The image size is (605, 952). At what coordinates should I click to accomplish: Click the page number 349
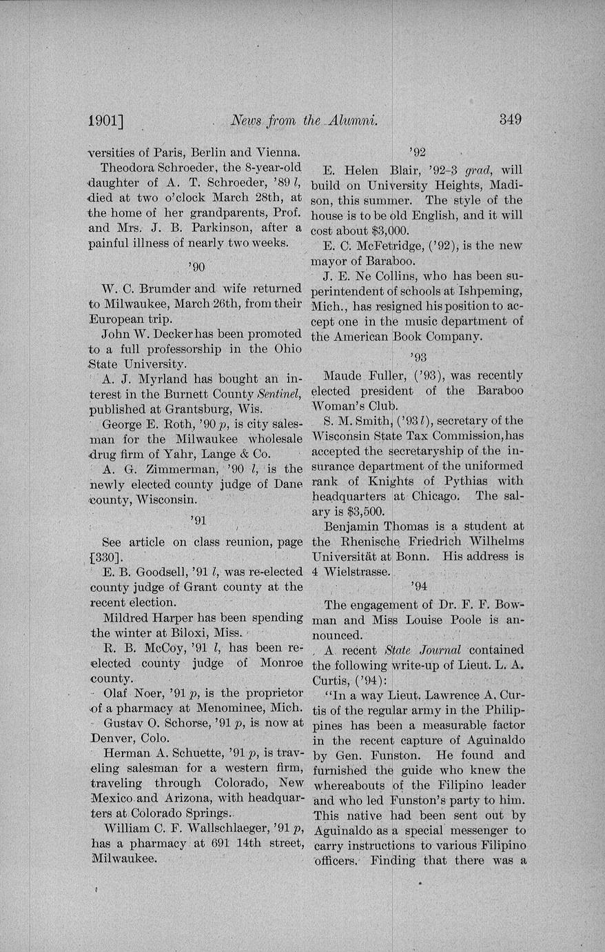click(x=510, y=119)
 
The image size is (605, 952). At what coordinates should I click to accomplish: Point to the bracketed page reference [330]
click(x=107, y=557)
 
